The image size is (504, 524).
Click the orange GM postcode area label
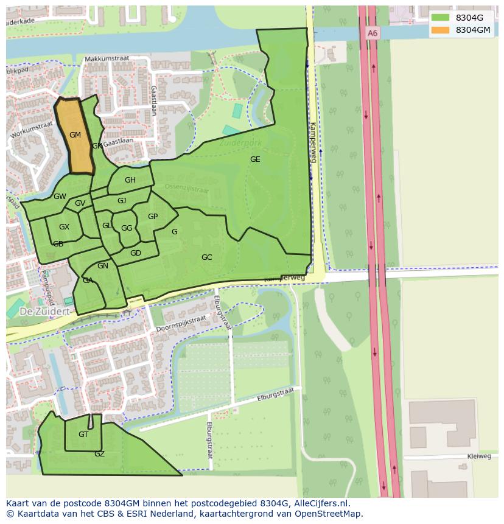click(75, 135)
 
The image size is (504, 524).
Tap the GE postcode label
click(255, 159)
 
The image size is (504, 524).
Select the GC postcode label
click(207, 257)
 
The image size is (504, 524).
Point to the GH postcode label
click(130, 180)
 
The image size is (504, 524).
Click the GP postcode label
click(153, 217)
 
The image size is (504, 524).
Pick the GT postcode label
click(83, 435)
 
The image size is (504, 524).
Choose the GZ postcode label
click(99, 454)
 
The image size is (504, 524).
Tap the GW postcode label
click(60, 197)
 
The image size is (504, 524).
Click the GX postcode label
click(64, 227)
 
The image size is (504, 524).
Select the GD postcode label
click(136, 253)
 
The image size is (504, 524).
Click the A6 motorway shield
click(373, 33)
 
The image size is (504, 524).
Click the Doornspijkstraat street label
click(181, 324)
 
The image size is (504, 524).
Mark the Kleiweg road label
click(480, 456)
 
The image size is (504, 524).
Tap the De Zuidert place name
click(37, 310)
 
